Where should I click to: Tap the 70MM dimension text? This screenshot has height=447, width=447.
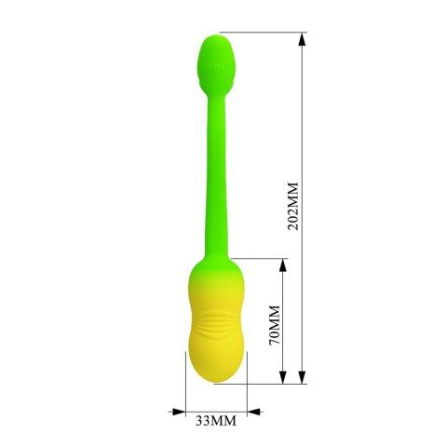click(x=274, y=321)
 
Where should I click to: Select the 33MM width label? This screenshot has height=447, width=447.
click(x=216, y=422)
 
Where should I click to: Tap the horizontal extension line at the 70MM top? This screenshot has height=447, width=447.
click(x=261, y=258)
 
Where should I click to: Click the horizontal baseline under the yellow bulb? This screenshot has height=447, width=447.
click(x=270, y=382)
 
